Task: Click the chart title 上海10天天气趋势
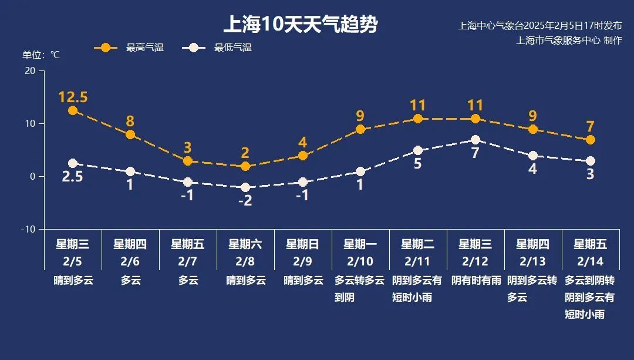pos(300,25)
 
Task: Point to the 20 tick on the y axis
pos(29,70)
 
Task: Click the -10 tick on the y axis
pos(28,229)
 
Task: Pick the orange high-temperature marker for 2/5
pos(73,110)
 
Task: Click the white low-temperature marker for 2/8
pos(245,187)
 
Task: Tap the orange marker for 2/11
pos(418,119)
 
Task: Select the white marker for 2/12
pos(475,140)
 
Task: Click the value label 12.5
pos(73,97)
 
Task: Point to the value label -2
pos(245,201)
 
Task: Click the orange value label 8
pos(130,122)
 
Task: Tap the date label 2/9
pos(303,261)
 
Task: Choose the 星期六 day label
pos(245,244)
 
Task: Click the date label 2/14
pos(591,261)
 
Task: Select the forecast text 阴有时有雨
pos(475,281)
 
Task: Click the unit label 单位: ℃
pos(41,55)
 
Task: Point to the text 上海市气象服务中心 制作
pos(569,41)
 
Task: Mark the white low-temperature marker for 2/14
pos(591,161)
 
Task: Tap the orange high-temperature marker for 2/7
pos(188,161)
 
